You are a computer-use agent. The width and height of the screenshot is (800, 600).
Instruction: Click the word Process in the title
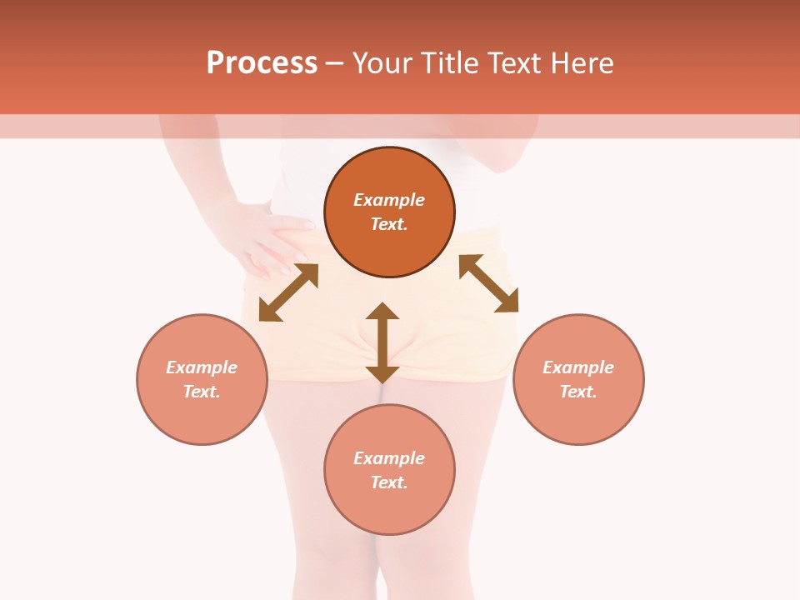(262, 63)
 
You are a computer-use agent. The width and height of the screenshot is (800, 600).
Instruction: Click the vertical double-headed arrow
(382, 342)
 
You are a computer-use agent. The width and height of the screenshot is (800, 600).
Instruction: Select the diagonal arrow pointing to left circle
(288, 292)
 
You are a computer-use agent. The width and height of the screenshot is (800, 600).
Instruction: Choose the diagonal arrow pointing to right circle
(488, 283)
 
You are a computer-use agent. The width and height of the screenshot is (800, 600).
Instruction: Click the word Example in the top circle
(389, 200)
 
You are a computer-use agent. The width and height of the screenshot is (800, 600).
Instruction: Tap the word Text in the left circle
(202, 392)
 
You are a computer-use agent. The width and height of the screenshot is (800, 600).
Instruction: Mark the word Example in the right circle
(578, 367)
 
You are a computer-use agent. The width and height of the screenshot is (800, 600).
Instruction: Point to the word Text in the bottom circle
(389, 482)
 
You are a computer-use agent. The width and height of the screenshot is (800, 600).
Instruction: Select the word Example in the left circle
(202, 367)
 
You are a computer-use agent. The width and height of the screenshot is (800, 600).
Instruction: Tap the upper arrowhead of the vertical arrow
(382, 312)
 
